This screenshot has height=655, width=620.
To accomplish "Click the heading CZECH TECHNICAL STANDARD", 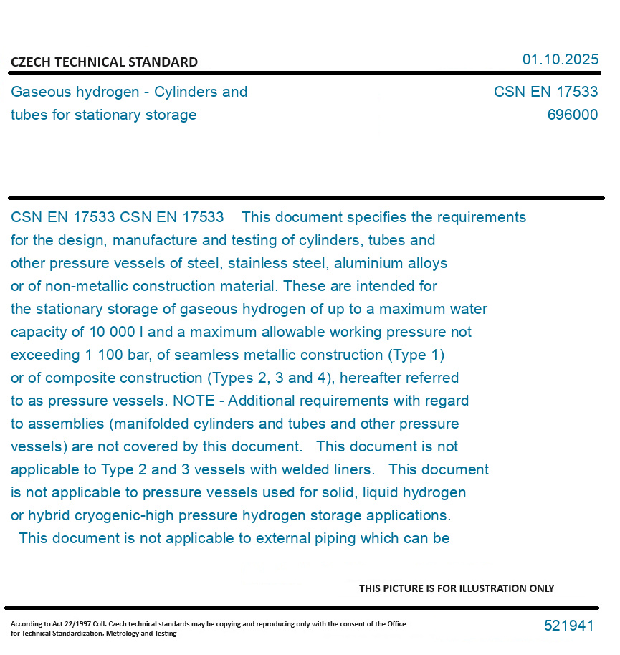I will coord(104,62).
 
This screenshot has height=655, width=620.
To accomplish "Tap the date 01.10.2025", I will coord(560,59).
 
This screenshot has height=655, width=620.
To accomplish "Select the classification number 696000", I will coord(572,115).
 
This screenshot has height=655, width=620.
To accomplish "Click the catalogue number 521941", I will coord(568,626).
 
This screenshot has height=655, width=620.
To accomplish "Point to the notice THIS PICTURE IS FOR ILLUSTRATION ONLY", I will coord(457,588).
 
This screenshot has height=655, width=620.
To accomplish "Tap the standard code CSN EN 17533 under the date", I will coord(545,92).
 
